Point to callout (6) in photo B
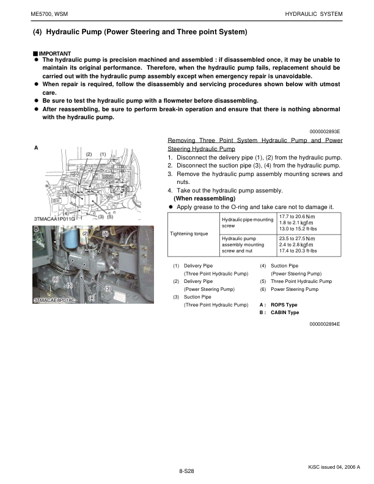pyautogui.click(x=55, y=279)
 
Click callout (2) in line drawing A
pyautogui.click(x=89, y=155)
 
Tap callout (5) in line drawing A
pyautogui.click(x=110, y=216)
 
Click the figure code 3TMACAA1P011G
pyautogui.click(x=54, y=218)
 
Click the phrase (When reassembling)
pyautogui.click(x=205, y=199)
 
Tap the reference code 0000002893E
pyautogui.click(x=325, y=131)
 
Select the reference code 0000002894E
pyautogui.click(x=325, y=323)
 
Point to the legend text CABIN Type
pyautogui.click(x=285, y=312)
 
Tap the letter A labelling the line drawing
pyautogui.click(x=36, y=148)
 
